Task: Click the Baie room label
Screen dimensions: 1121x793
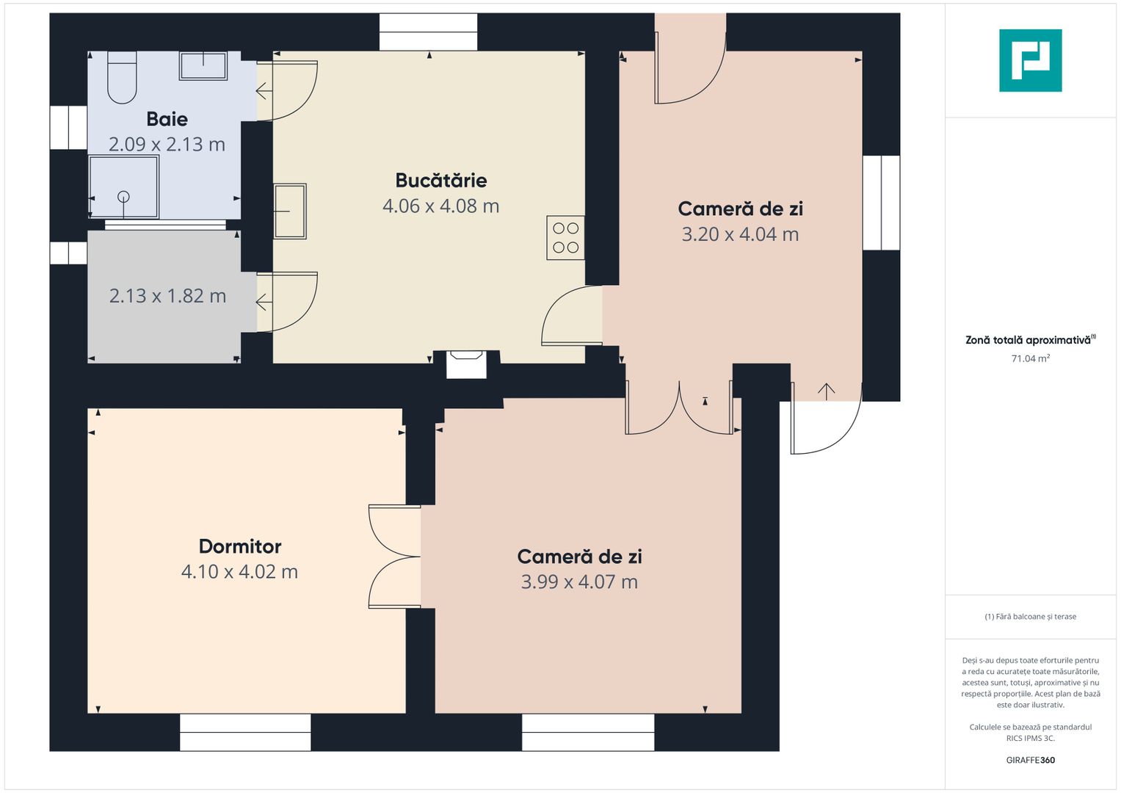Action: pos(167,119)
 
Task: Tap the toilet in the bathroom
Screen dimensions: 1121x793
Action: pos(122,77)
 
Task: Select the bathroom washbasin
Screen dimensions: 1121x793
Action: pos(203,65)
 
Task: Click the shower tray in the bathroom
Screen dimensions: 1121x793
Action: pos(124,187)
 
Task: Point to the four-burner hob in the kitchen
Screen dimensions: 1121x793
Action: pos(565,238)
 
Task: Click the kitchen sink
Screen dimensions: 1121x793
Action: pos(290,211)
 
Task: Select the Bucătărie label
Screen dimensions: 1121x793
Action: pos(441,180)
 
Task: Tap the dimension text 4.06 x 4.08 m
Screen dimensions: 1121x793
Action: pos(441,206)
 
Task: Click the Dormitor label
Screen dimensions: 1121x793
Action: pos(240,546)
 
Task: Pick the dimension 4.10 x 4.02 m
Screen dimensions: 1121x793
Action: pos(240,572)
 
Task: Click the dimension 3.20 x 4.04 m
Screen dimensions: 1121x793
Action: pos(740,234)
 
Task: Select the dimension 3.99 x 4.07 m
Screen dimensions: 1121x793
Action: pos(579,582)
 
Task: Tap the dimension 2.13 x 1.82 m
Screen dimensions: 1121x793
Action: pos(167,296)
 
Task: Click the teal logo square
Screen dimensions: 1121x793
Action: pos(1031,60)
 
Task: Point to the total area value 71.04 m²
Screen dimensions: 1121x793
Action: pos(1031,358)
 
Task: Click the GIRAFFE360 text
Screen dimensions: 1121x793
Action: pos(1031,760)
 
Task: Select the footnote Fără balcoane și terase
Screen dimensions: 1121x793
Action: pos(1031,617)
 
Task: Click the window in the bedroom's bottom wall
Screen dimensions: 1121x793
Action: pos(245,733)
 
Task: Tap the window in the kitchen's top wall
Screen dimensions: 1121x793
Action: pos(429,32)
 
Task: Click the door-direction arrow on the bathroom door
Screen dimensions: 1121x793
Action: pos(264,92)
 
